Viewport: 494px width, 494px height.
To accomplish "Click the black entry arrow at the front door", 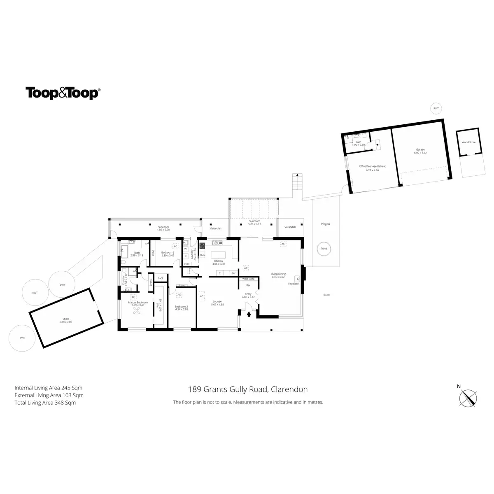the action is (249, 314).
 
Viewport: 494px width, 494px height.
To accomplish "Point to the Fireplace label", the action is (293, 284).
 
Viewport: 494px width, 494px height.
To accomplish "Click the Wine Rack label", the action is (248, 279).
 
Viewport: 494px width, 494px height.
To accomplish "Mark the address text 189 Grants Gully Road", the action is (247, 389).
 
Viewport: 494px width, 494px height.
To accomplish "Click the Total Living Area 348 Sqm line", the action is (45, 403).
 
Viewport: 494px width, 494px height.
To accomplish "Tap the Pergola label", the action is (326, 224).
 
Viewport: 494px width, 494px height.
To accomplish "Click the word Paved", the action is (326, 295).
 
